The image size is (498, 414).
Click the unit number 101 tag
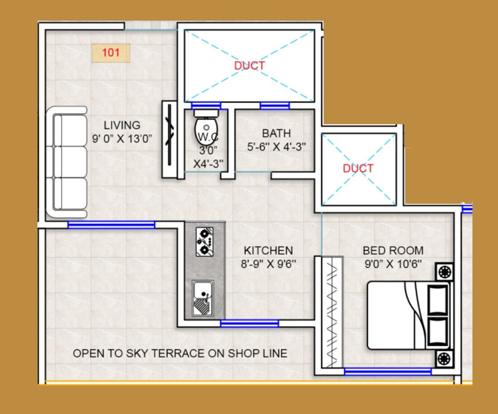pyautogui.click(x=111, y=53)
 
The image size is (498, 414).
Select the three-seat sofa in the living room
pyautogui.click(x=69, y=162)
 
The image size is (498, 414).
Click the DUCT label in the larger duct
pyautogui.click(x=249, y=66)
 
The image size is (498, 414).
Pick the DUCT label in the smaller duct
pyautogui.click(x=358, y=168)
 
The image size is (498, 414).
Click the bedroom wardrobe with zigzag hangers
pyautogui.click(x=332, y=313)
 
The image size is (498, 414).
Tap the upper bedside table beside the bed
pyautogui.click(x=444, y=272)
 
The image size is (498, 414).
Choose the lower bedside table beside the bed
pyautogui.click(x=444, y=358)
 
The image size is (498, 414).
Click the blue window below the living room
pyautogui.click(x=111, y=225)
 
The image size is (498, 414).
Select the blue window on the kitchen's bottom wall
pyautogui.click(x=249, y=323)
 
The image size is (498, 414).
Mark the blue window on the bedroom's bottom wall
pyautogui.click(x=388, y=371)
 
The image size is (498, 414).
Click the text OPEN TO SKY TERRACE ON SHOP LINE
pyautogui.click(x=180, y=353)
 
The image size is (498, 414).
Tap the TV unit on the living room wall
pyautogui.click(x=169, y=140)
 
